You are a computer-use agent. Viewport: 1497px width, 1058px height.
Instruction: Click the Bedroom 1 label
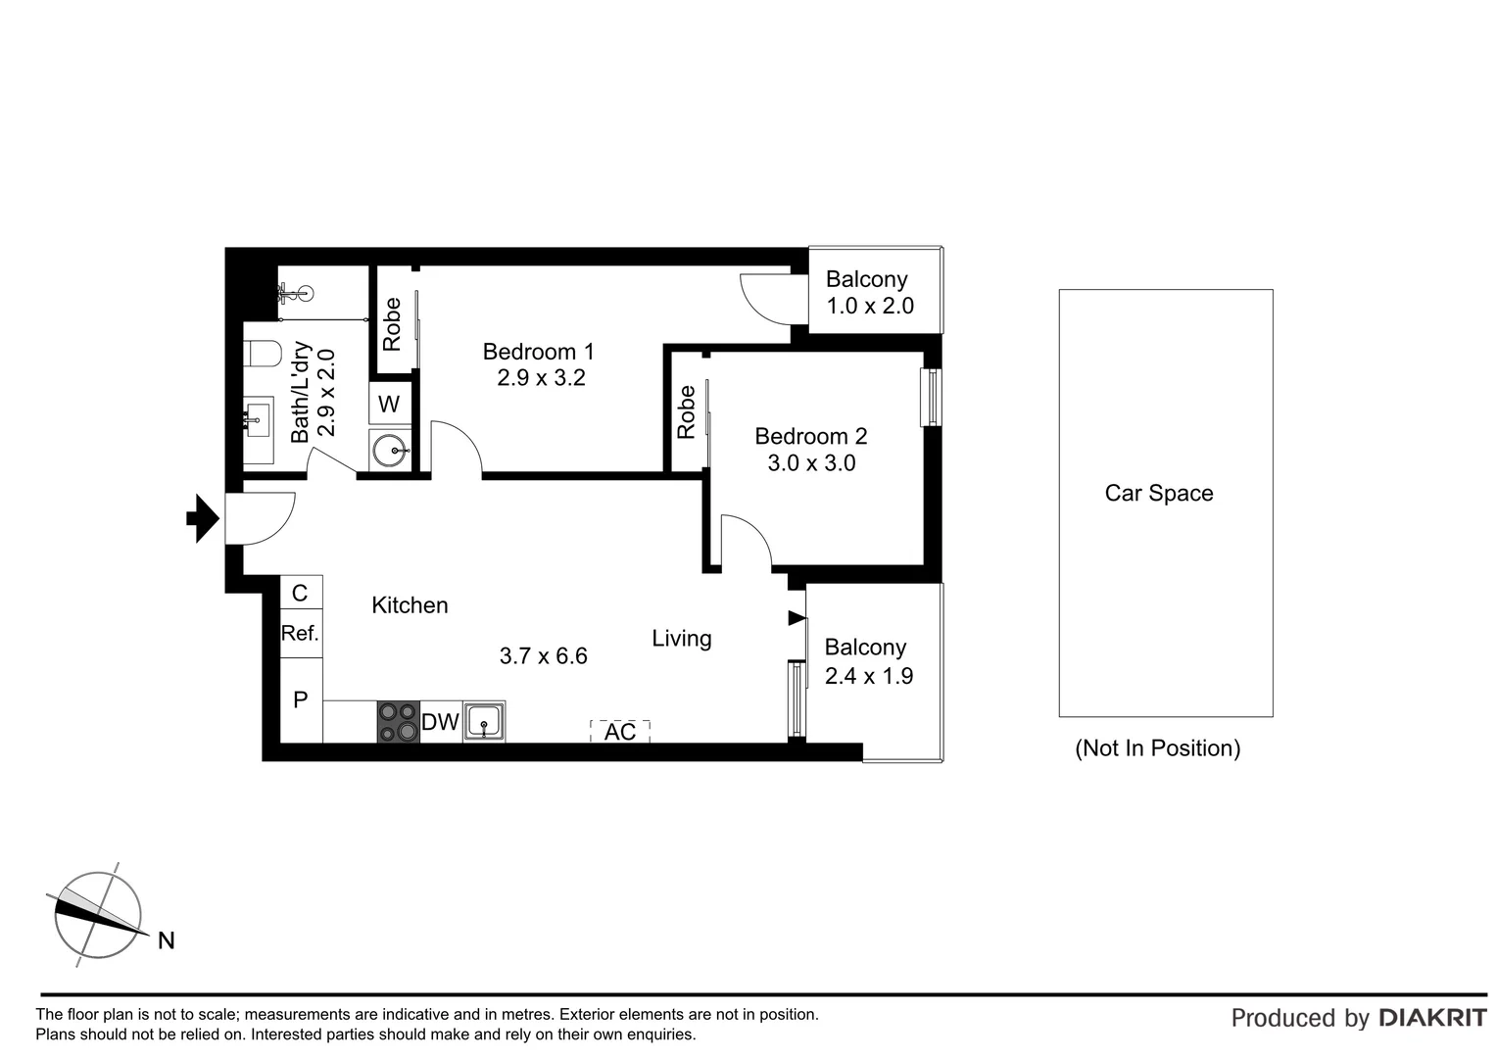pos(538,352)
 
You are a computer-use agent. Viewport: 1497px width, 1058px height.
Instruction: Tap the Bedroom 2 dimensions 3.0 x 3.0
pos(811,463)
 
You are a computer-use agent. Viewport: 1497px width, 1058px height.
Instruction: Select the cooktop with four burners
pos(399,722)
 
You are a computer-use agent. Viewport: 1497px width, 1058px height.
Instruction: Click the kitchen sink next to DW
pos(484,722)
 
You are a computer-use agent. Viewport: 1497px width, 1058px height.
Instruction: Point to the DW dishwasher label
pos(440,723)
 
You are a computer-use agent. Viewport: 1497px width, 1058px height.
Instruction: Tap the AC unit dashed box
pos(619,732)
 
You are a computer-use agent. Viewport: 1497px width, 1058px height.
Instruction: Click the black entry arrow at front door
pos(202,518)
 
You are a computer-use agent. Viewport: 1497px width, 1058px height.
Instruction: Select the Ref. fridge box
pos(301,634)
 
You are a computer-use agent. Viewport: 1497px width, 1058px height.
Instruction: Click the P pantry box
pos(301,699)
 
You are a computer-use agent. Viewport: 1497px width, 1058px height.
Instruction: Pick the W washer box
pos(389,404)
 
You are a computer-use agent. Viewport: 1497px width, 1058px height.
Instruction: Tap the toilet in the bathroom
pos(262,352)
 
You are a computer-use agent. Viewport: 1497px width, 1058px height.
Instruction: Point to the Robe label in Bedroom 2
pos(686,411)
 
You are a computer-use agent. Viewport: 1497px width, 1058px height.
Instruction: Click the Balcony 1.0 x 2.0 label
pos(869,293)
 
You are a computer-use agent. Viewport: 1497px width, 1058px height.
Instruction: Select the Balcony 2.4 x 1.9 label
pos(868,661)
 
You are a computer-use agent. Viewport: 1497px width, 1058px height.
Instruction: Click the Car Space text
pos(1159,494)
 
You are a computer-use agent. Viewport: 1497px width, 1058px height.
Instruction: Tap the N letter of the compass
pos(167,941)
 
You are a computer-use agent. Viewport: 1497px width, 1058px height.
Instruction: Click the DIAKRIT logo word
pos(1432,1018)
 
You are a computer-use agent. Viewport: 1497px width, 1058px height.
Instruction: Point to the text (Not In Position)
pos(1158,748)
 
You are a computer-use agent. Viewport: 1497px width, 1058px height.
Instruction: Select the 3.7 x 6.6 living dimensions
pos(543,656)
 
